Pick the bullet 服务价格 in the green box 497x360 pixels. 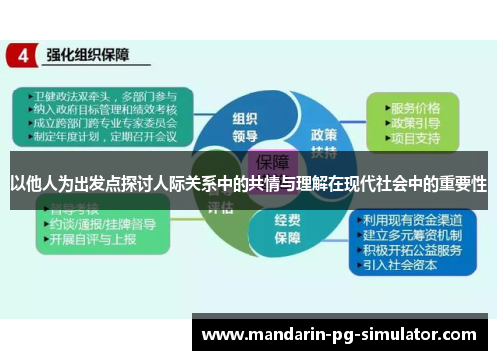(416, 106)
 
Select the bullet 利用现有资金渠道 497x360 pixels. (412, 219)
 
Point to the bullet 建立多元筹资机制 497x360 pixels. (412, 235)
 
